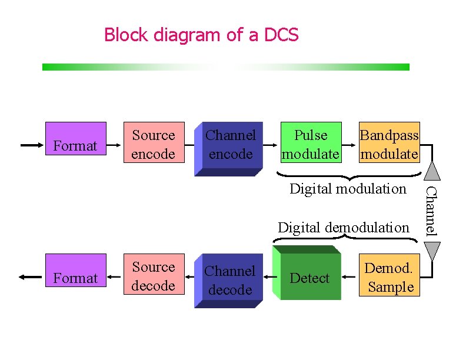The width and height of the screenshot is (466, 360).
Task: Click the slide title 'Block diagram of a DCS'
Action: coord(201,35)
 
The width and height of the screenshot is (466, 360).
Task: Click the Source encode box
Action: coord(154,144)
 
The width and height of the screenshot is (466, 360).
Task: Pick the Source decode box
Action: coord(154,276)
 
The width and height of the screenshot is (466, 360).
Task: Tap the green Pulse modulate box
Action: coord(311,144)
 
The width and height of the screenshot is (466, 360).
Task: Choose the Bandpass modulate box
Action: coord(389,144)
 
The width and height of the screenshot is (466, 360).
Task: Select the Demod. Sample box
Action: coord(389,277)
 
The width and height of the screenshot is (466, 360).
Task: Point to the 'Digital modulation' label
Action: coord(348,189)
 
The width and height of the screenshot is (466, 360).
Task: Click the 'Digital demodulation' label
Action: coord(343,227)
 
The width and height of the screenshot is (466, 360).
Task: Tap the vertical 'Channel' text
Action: coord(431,210)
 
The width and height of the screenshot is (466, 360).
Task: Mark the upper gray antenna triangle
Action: coord(432,171)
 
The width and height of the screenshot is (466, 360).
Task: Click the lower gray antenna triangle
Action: coord(432,251)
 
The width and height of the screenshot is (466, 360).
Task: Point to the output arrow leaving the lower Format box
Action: coord(32,277)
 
